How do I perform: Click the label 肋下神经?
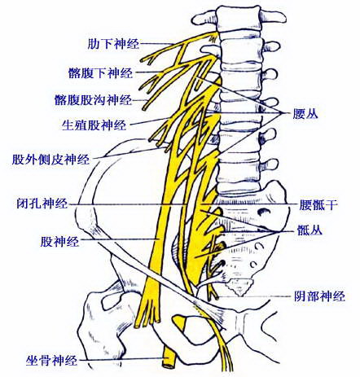click(x=113, y=43)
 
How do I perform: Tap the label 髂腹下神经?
click(x=101, y=72)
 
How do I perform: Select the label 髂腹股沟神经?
click(x=93, y=100)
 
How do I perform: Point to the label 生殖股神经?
click(x=94, y=125)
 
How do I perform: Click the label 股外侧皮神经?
click(x=50, y=159)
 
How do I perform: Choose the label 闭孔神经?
click(x=42, y=203)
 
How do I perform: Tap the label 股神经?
click(x=59, y=241)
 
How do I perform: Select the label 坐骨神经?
click(x=51, y=360)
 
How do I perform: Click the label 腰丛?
click(x=305, y=114)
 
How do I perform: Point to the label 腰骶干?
click(x=318, y=205)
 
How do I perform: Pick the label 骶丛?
click(x=310, y=230)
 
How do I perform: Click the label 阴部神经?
click(x=319, y=296)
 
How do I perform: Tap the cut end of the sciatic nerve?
click(x=169, y=366)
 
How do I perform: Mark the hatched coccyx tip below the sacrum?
click(x=239, y=287)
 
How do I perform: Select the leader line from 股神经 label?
click(x=119, y=239)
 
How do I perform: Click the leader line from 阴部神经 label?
click(x=254, y=296)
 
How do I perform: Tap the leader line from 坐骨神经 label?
click(x=123, y=360)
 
